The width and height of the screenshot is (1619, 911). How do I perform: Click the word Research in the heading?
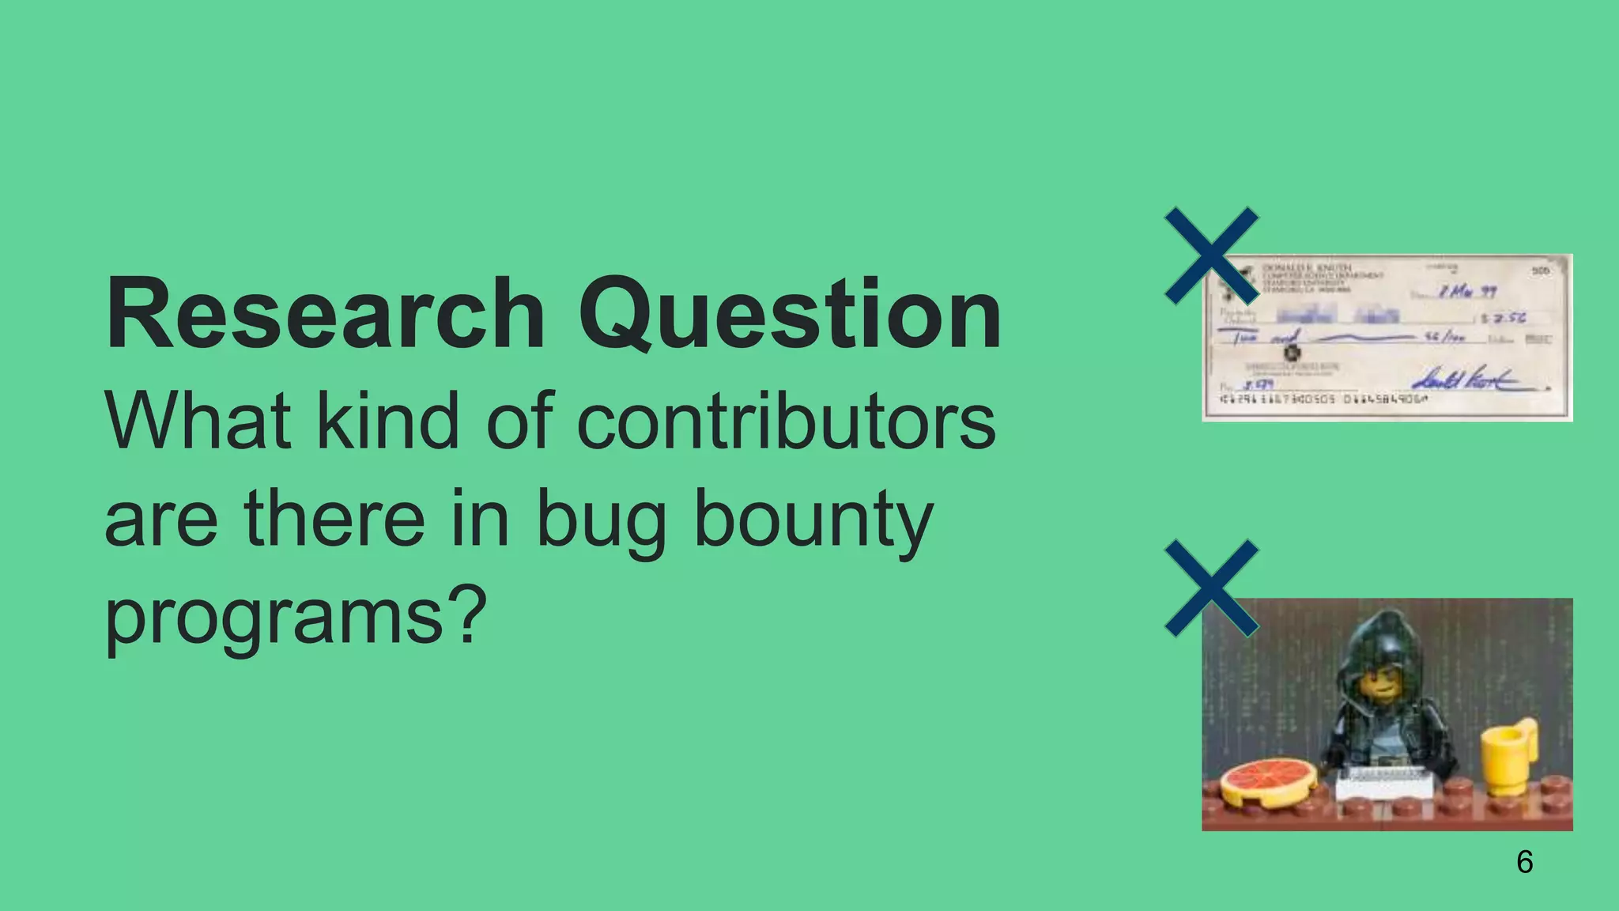click(325, 313)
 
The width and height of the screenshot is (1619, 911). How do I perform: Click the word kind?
click(387, 421)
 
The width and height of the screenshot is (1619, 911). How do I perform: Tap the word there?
click(334, 519)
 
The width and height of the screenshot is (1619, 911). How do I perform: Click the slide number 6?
click(1525, 861)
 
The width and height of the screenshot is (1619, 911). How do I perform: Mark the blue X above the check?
click(1211, 256)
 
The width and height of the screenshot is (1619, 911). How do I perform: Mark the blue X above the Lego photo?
click(1211, 588)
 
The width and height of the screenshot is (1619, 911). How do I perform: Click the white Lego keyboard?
click(1383, 784)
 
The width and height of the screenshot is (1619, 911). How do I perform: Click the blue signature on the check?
click(1470, 381)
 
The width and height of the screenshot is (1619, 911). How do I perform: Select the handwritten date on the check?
click(1466, 292)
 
